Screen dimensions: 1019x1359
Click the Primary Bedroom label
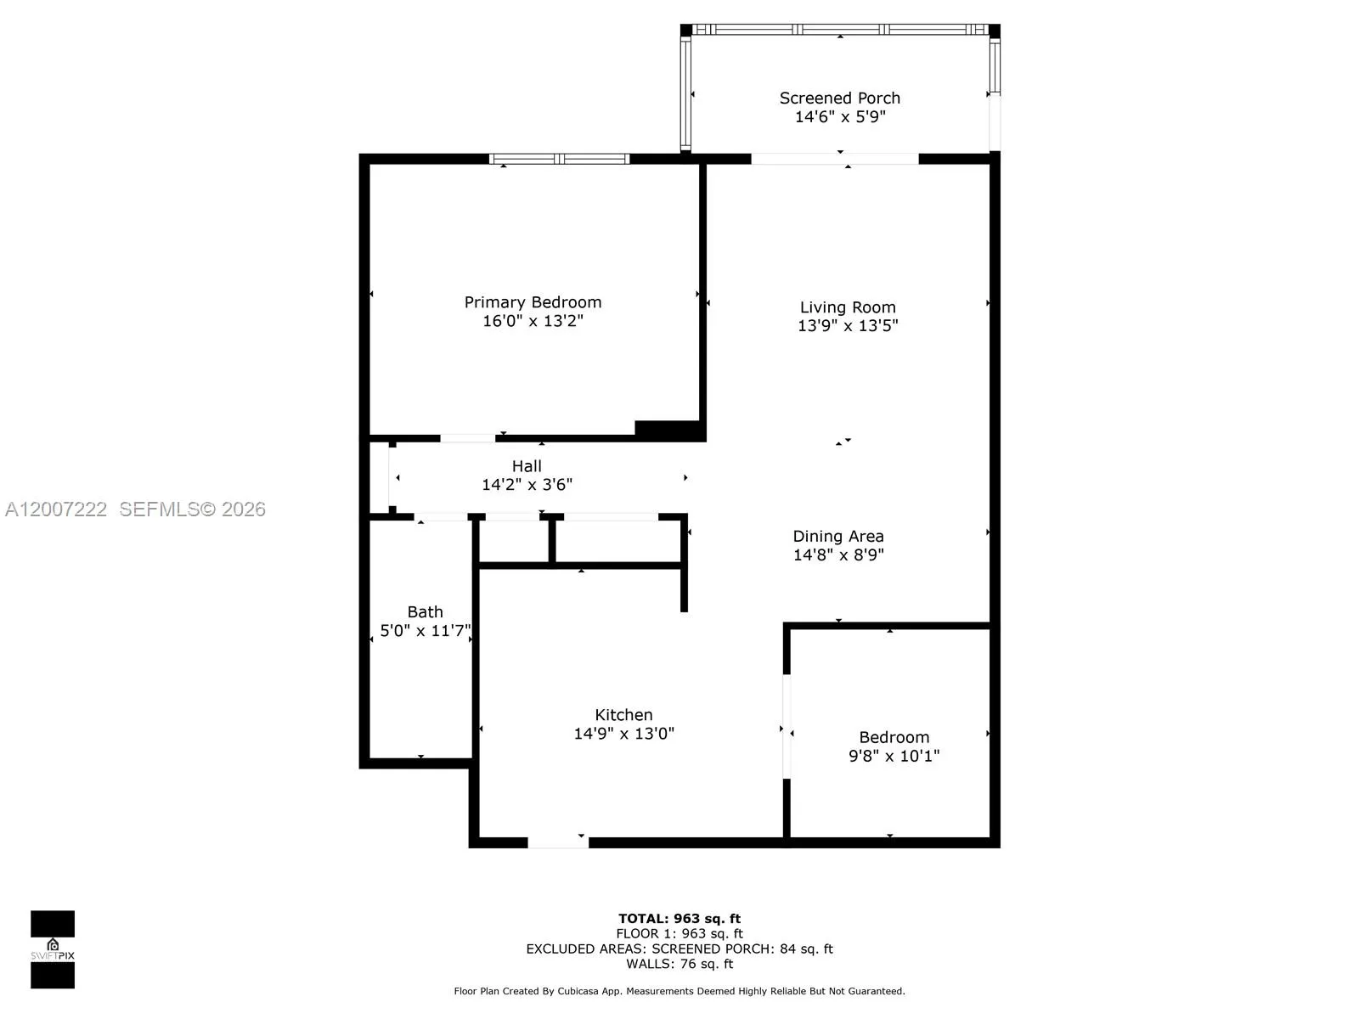coord(533,302)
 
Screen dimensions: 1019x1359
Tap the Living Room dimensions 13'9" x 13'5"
coord(848,325)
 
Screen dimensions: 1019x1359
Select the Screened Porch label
coord(839,99)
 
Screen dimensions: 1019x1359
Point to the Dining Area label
coord(838,537)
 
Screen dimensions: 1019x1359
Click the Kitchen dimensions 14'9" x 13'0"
coord(623,734)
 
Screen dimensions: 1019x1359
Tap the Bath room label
coord(425,612)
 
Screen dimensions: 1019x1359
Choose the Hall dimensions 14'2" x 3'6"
coord(527,485)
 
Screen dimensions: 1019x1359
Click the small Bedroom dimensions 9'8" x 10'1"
coord(894,756)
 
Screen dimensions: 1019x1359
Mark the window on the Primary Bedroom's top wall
coord(559,159)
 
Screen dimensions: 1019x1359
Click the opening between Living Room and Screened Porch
coord(835,159)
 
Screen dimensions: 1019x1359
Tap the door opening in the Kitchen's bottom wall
coord(558,842)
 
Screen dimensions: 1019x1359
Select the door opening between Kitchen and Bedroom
coord(787,726)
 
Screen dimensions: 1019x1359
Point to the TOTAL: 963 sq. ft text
coord(679,919)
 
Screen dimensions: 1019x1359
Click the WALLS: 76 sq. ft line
coord(679,964)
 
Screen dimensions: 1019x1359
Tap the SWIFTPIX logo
coord(53,949)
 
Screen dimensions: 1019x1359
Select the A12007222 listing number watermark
coord(56,509)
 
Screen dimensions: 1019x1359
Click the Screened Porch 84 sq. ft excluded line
coord(679,949)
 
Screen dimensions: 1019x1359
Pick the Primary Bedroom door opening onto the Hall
coord(467,438)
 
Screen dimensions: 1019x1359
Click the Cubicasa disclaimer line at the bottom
coord(679,991)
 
